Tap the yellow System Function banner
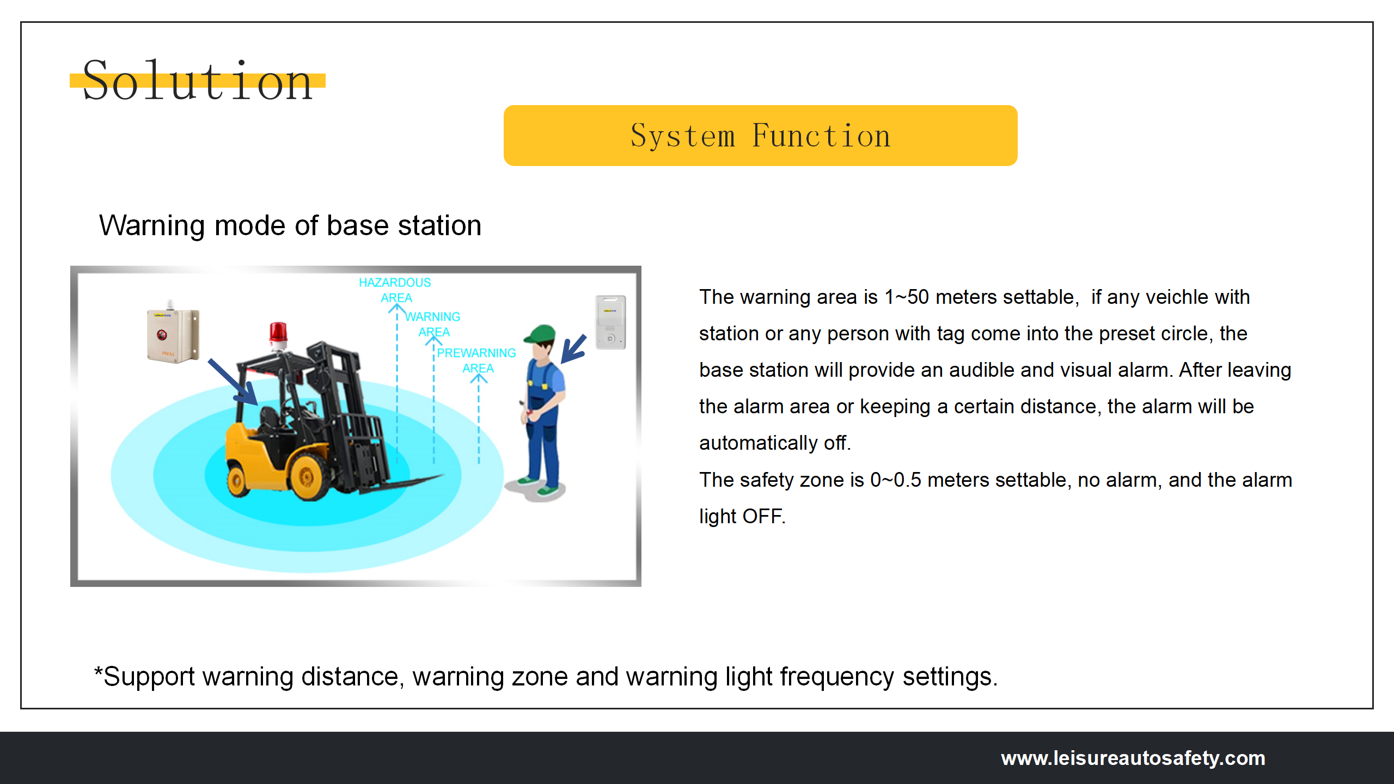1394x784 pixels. coord(760,136)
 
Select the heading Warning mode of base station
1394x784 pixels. coord(290,225)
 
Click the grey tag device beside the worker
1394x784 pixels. coord(610,322)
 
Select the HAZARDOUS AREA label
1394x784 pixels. coord(395,290)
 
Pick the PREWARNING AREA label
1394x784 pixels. coord(476,360)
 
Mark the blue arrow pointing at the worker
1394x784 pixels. coord(573,349)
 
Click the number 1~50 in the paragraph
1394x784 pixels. coord(906,297)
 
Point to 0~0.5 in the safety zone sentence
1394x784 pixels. coord(895,480)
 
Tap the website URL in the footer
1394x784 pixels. coord(1133,758)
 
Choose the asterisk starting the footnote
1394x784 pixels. coord(99,671)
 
